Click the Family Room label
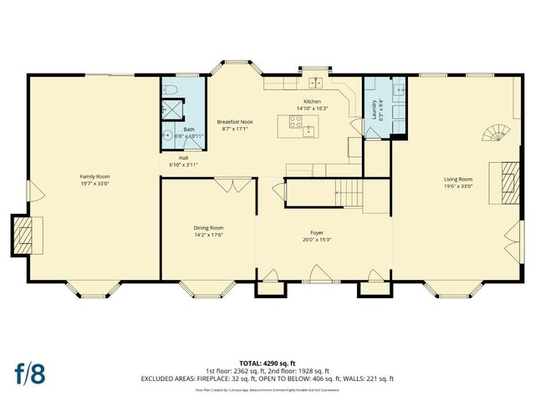click(94, 176)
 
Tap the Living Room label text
click(458, 179)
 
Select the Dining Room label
click(208, 227)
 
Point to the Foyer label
click(317, 232)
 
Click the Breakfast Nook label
click(235, 121)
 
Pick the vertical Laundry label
click(374, 109)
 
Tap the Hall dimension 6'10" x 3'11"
click(183, 165)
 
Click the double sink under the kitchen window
click(316, 82)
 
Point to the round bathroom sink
click(166, 135)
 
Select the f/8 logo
click(29, 373)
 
